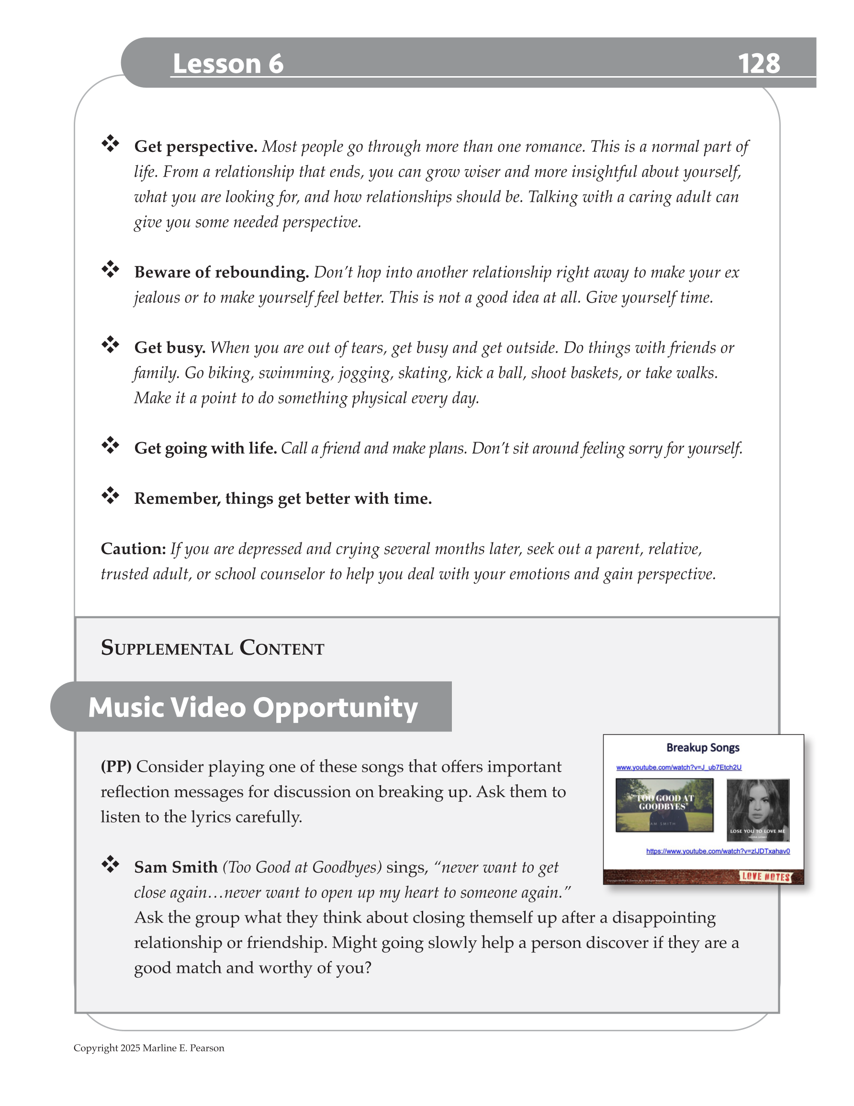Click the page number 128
(x=758, y=64)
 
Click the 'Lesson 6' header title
(x=228, y=64)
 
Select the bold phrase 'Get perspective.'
(x=195, y=147)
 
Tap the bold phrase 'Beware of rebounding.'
(x=221, y=273)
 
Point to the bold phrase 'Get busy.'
(x=169, y=348)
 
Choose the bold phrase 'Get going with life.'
(x=205, y=448)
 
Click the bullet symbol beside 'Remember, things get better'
(x=110, y=495)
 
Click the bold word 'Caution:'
(x=133, y=549)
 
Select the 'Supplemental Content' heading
(x=212, y=648)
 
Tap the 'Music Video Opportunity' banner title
(x=253, y=707)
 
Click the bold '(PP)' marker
(x=116, y=767)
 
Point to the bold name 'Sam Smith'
(x=176, y=867)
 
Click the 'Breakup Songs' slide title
(x=703, y=747)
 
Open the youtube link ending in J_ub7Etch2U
(x=678, y=767)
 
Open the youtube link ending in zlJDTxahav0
(x=717, y=851)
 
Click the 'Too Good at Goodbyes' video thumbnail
(x=664, y=805)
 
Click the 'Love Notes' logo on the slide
(x=765, y=877)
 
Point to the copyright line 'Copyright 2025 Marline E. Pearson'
(x=149, y=1048)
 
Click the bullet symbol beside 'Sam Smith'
(x=110, y=864)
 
